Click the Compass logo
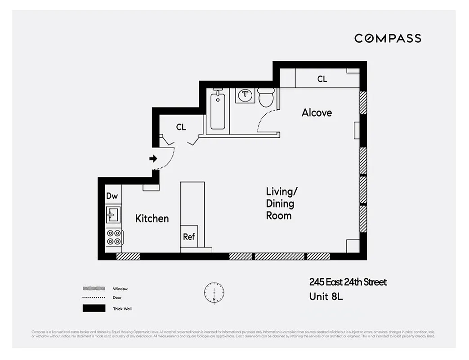pos(388,38)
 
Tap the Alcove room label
pos(317,112)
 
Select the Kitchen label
pos(152,218)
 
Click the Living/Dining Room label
pos(281,203)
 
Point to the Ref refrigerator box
pos(189,236)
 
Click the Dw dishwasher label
pos(112,196)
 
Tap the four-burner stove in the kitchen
pos(114,237)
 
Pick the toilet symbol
pos(266,97)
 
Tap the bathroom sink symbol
pos(246,95)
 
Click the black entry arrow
pos(153,158)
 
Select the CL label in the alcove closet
pos(322,79)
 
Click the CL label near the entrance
pos(181,127)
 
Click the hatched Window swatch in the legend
pos(94,288)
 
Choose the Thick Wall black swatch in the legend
pos(94,309)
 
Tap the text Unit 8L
pos(326,297)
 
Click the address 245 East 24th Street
pos(348,282)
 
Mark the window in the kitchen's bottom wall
pos(128,256)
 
